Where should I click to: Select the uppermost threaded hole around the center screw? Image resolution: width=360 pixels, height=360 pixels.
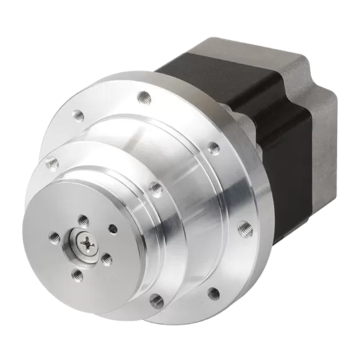pos(83,219)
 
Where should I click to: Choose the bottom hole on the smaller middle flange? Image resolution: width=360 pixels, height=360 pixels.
pos(155,299)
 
